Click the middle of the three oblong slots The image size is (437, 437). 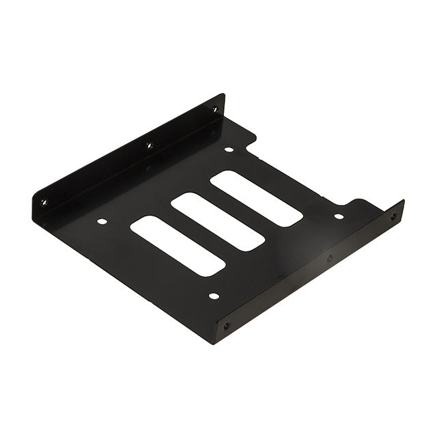click(x=217, y=222)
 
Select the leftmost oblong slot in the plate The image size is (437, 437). click(x=178, y=246)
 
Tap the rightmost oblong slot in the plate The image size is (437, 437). click(x=256, y=199)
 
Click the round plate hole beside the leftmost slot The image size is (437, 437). click(x=102, y=221)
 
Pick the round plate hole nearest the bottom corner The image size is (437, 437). click(x=214, y=296)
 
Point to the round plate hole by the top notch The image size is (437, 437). click(x=229, y=149)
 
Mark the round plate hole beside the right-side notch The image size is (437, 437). click(x=339, y=216)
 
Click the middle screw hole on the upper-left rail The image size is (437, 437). click(x=148, y=145)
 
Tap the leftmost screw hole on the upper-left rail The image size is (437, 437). click(x=44, y=202)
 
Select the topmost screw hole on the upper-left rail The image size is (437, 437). click(x=214, y=109)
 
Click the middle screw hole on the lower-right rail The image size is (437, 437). click(x=330, y=258)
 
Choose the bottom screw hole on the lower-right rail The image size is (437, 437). click(x=227, y=326)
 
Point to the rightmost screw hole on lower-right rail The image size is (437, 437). click(x=393, y=216)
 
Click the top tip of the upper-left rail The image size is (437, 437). click(x=222, y=96)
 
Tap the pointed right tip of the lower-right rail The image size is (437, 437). click(x=404, y=202)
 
